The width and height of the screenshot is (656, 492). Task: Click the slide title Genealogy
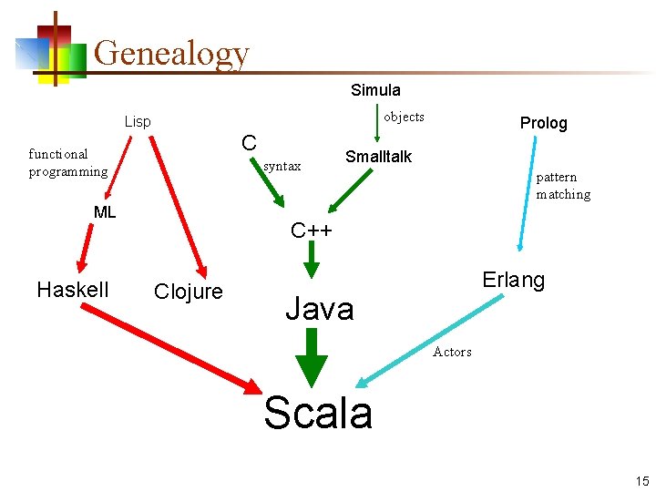171,53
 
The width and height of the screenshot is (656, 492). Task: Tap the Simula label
375,89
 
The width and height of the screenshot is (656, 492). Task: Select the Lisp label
138,121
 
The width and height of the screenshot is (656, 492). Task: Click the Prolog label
543,122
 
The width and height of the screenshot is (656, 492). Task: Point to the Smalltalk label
378,157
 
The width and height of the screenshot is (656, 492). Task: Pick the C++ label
312,230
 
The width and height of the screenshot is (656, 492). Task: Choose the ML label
105,212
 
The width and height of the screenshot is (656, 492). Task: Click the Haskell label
73,290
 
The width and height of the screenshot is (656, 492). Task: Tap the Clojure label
189,292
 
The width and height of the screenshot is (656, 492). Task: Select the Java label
319,309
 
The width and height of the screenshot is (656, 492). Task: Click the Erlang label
514,280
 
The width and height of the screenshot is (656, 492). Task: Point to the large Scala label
318,413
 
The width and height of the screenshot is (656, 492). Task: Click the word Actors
452,352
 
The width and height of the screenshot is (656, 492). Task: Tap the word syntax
282,166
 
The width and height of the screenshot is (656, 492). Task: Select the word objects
404,117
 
